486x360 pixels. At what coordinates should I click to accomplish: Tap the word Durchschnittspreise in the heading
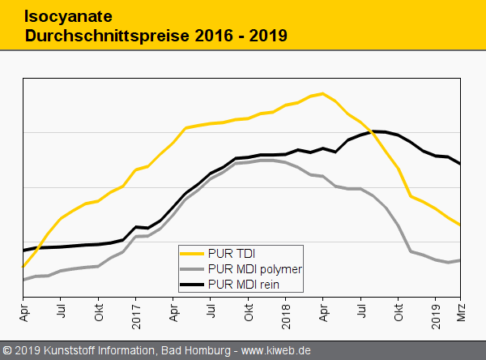coord(104,36)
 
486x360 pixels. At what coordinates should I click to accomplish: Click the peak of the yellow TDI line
coord(323,93)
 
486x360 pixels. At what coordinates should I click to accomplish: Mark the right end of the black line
coord(460,164)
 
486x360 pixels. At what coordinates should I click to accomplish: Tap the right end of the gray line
coord(460,260)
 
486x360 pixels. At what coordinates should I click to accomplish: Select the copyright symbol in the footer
coord(9,350)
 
